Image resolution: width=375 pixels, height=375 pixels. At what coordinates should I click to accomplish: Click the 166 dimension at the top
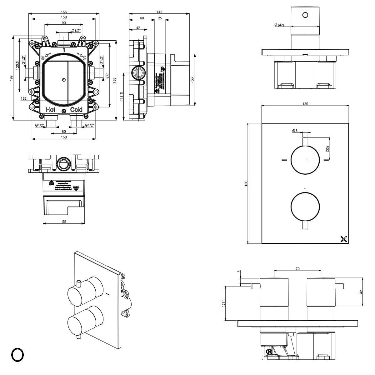(64, 12)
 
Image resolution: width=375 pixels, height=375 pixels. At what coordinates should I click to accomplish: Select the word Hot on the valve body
(51, 109)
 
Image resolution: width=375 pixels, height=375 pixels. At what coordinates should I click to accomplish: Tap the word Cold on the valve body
(76, 109)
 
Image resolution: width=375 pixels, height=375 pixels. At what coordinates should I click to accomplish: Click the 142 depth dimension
(160, 12)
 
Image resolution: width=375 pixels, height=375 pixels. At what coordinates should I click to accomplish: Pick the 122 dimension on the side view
(193, 80)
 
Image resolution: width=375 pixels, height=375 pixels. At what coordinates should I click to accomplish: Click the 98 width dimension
(64, 221)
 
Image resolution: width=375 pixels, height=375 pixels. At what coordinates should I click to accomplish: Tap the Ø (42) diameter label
(279, 25)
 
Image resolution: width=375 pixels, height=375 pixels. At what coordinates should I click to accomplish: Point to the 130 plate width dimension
(305, 104)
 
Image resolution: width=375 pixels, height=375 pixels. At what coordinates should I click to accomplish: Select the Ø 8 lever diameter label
(295, 131)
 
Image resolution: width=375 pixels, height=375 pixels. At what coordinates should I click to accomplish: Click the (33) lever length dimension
(327, 149)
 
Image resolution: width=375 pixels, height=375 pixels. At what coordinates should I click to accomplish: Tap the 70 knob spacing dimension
(297, 269)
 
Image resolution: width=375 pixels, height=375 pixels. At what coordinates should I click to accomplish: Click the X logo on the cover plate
(344, 239)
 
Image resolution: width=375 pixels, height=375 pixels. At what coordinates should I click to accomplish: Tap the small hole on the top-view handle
(305, 14)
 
